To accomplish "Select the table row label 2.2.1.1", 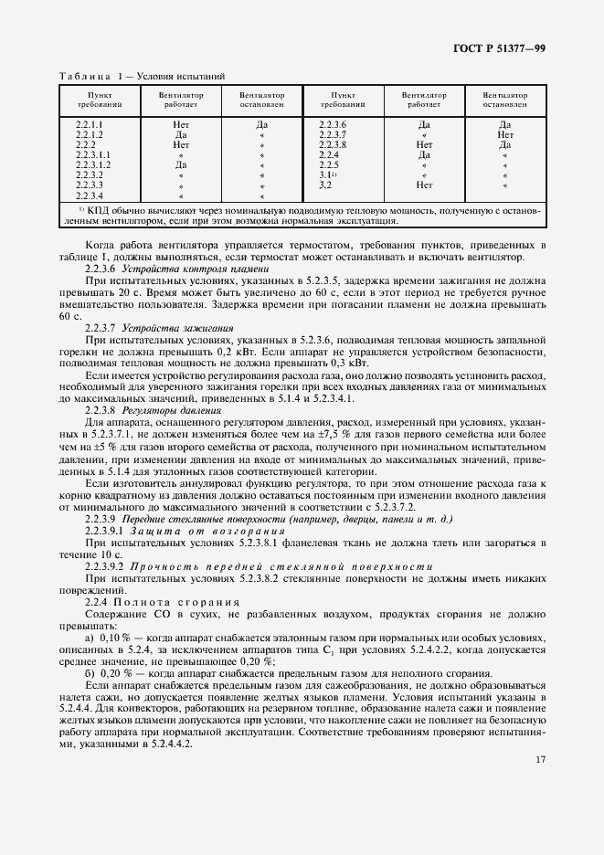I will (90, 124).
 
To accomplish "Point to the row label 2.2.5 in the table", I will (331, 164).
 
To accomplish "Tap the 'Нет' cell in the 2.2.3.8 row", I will (424, 144).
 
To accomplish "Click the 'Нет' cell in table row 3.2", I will (424, 185).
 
